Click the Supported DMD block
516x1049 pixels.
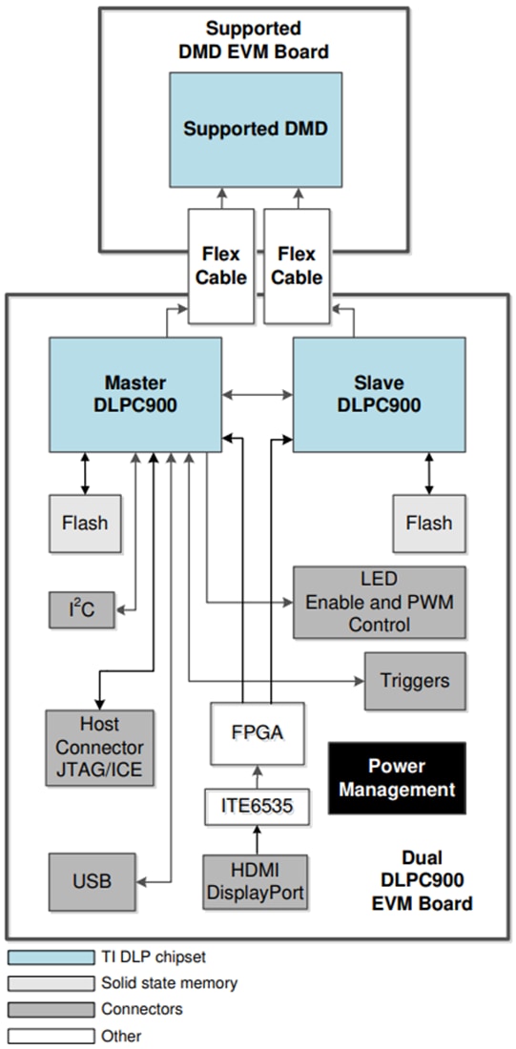[x=256, y=128]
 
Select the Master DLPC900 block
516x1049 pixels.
[x=135, y=394]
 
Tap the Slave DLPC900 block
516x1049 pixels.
[x=379, y=394]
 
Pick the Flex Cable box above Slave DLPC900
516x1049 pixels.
[x=298, y=266]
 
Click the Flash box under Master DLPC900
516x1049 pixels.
[x=85, y=523]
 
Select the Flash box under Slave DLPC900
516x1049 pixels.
[x=428, y=523]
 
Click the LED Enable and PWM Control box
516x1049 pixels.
[x=379, y=603]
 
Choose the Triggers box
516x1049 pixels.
[x=415, y=681]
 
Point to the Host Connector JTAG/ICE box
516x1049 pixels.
[x=94, y=747]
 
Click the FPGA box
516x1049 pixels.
[x=257, y=733]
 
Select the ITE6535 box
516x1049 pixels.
[x=257, y=808]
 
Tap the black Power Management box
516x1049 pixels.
[x=397, y=777]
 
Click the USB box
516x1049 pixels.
[x=92, y=880]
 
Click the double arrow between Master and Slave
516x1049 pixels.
[x=258, y=393]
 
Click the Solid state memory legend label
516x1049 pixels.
[x=169, y=982]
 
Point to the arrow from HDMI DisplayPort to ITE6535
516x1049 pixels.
[x=257, y=839]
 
